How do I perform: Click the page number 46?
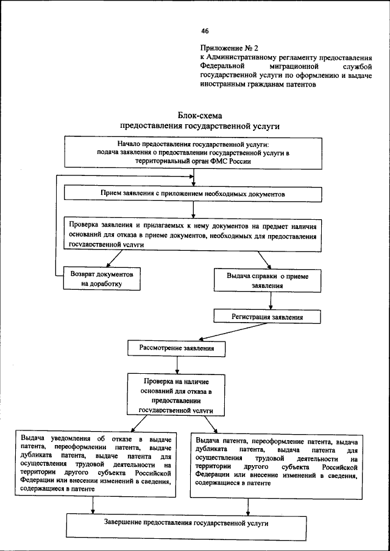pyautogui.click(x=205, y=31)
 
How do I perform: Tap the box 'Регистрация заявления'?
pyautogui.click(x=267, y=317)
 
